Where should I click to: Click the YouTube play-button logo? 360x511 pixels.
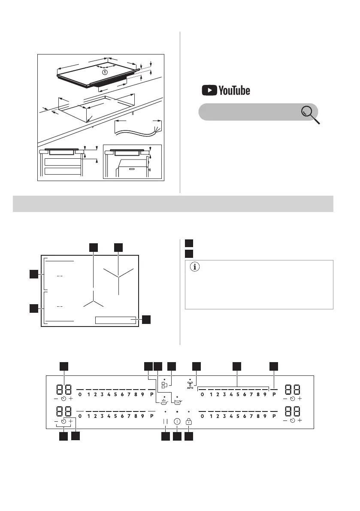[209, 90]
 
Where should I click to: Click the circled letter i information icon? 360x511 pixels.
[195, 267]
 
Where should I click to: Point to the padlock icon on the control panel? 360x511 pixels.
[189, 421]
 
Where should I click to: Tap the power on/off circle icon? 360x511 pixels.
[177, 421]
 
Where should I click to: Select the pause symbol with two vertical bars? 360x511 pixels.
[166, 421]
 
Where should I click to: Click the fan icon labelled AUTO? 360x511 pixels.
[190, 384]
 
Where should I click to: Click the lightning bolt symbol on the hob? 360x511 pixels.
[105, 73]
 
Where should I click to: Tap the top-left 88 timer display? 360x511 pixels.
[64, 390]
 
